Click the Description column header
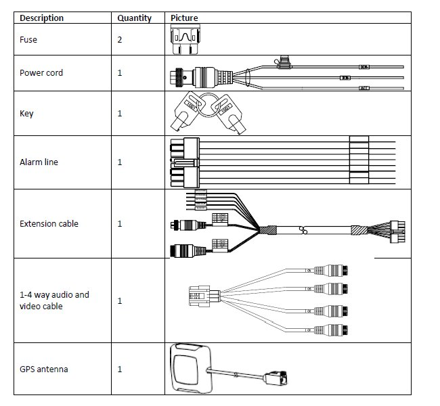coord(42,18)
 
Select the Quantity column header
coord(134,18)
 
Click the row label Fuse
coord(28,40)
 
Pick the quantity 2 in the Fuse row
coord(120,40)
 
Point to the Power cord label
coord(41,73)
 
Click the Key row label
coord(26,114)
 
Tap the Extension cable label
coord(48,224)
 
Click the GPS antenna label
coord(43,369)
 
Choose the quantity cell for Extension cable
coord(120,224)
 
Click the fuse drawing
coord(185,40)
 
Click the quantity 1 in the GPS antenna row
coord(120,369)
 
